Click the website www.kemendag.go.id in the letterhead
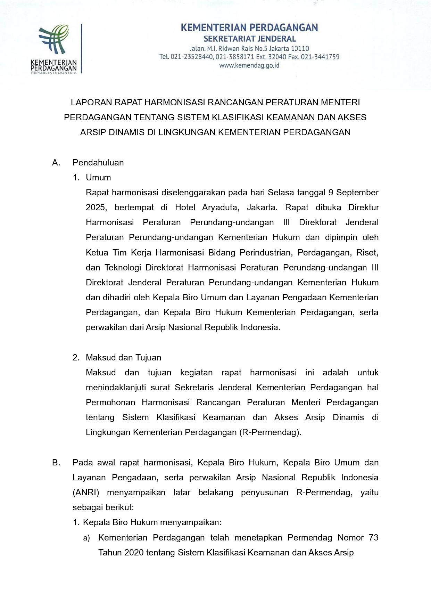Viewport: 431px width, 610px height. [249, 65]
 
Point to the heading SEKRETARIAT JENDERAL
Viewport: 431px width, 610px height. [249, 39]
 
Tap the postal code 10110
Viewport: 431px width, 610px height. [300, 48]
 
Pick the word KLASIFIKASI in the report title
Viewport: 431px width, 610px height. [236, 117]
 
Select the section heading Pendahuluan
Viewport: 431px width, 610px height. [98, 163]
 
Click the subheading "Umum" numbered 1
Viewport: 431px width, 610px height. [98, 178]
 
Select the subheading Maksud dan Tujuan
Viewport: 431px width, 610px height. [123, 357]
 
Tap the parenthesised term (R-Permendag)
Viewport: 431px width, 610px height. [270, 432]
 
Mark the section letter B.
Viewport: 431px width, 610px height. [56, 463]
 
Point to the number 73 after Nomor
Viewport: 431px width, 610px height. [373, 538]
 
